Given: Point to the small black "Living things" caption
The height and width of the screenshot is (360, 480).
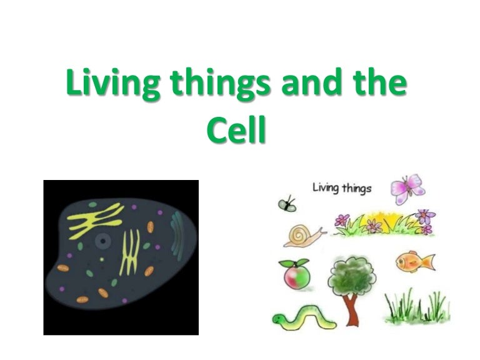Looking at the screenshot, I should tap(341, 187).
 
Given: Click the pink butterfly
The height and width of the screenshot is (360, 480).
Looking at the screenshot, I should tap(407, 188).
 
